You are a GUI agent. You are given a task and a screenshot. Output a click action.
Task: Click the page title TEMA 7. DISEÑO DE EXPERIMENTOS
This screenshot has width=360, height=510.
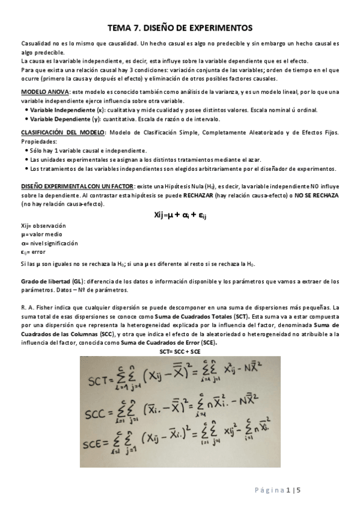180,28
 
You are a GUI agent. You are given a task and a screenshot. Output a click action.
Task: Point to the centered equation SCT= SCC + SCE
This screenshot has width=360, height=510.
180,350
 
